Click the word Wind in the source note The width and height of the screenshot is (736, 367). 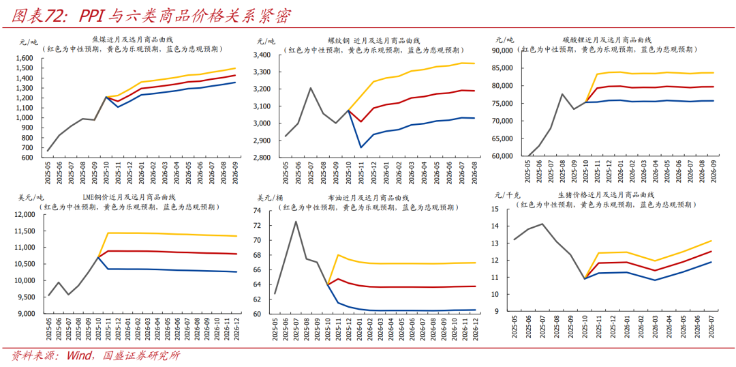[80, 356]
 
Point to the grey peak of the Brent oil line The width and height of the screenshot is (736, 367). [296, 221]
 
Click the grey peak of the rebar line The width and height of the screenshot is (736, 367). [310, 88]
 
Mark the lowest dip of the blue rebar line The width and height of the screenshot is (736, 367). [361, 147]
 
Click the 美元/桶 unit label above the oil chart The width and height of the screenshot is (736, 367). [270, 198]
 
